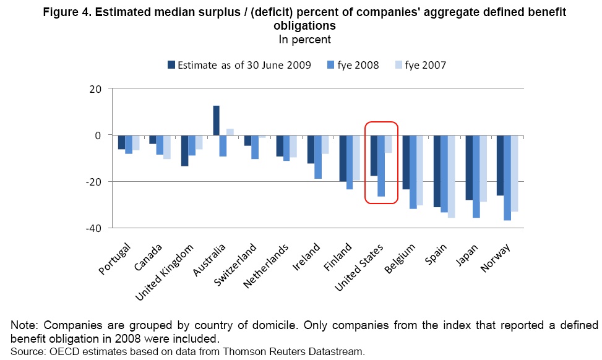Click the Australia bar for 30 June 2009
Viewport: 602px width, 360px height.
(217, 120)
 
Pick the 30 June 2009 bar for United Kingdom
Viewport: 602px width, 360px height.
(184, 150)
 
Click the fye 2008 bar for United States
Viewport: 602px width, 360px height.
(381, 166)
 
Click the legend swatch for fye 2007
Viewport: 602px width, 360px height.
(399, 64)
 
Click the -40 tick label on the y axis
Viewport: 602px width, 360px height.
(94, 228)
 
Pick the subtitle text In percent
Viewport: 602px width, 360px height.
(304, 39)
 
